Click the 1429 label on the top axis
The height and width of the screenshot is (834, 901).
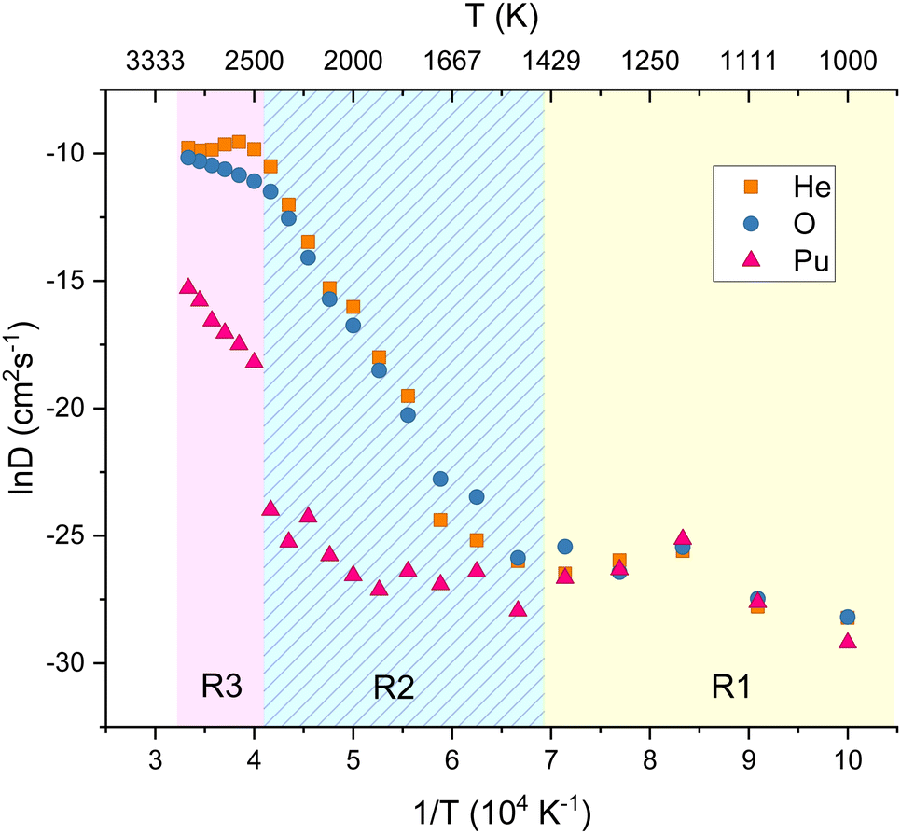[550, 63]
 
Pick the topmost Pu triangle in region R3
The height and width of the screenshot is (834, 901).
[188, 286]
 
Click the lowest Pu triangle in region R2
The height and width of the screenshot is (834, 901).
[518, 609]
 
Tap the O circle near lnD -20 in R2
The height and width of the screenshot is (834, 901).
[408, 415]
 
